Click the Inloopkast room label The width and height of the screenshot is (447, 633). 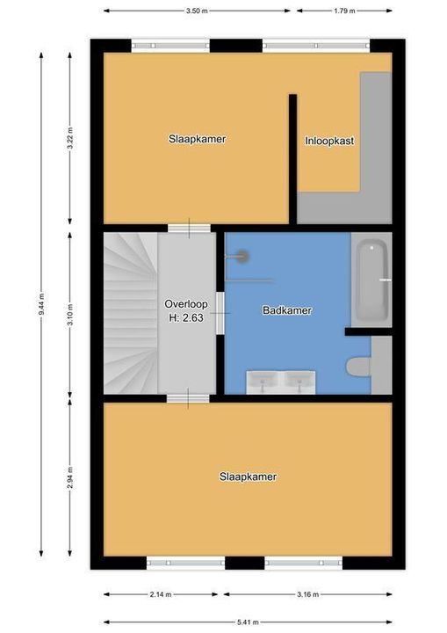(329, 140)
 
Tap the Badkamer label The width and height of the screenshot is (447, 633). (287, 310)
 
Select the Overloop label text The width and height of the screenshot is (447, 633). (184, 304)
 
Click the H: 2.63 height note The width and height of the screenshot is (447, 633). (184, 318)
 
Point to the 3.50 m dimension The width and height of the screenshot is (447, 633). (198, 11)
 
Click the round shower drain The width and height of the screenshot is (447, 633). (241, 256)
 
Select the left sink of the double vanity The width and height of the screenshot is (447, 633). (262, 382)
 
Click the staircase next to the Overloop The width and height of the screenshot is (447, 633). (130, 312)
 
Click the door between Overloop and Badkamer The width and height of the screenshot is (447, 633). (221, 313)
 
